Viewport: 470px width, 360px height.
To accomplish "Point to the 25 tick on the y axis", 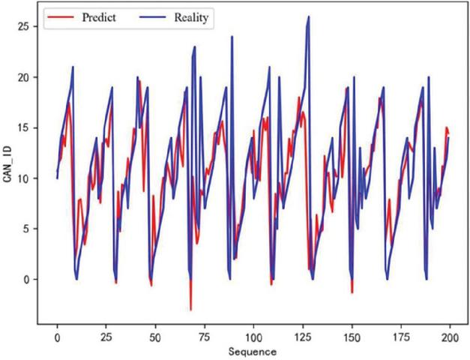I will pyautogui.click(x=25, y=26).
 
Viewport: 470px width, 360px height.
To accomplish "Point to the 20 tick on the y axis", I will pyautogui.click(x=25, y=77).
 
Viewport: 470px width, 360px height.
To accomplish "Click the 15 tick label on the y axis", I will pyautogui.click(x=25, y=127).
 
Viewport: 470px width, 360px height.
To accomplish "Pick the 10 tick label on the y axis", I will pyautogui.click(x=25, y=178).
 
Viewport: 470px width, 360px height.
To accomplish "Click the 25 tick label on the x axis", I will pyautogui.click(x=106, y=337).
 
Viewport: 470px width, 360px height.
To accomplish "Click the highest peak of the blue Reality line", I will pyautogui.click(x=308, y=16).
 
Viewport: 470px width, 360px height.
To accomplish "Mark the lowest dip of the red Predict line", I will pyautogui.click(x=190, y=310).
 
